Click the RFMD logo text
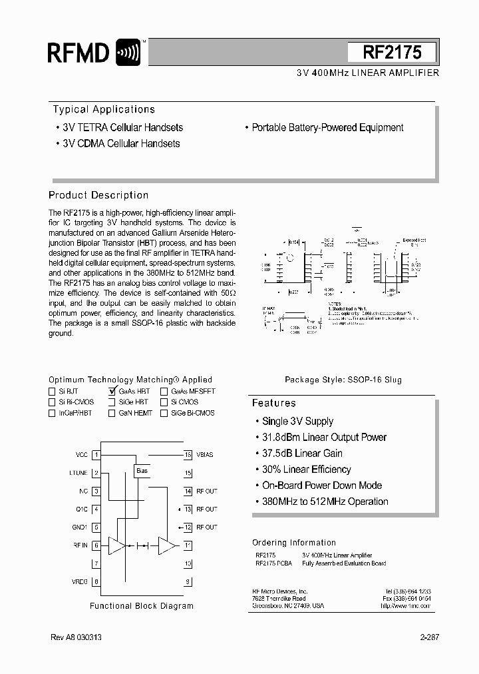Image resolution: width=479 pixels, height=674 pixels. point(79,52)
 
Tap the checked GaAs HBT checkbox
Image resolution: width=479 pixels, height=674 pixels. point(112,392)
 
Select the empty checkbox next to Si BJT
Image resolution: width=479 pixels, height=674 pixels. point(52,392)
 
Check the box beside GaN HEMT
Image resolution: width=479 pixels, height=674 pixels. point(112,413)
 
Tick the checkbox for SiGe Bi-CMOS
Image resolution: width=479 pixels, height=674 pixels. point(164,413)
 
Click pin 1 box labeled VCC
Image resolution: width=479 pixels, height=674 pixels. point(96,454)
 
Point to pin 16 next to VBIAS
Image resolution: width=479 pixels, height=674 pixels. point(188,454)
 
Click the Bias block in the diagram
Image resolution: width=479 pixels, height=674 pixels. point(142,471)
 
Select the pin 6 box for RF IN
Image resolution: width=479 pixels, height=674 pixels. point(96,545)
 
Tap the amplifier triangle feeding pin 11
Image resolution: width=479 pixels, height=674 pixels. point(168,545)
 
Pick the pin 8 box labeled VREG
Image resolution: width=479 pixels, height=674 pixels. point(96,581)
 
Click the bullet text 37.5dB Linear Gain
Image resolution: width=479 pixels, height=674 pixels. point(302,454)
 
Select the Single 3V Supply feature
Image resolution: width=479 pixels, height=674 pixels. point(297,422)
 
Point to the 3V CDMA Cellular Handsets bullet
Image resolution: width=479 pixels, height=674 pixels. point(120,143)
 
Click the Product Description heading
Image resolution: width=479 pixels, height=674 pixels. point(98,195)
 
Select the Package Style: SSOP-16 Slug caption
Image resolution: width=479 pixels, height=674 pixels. point(343,380)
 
